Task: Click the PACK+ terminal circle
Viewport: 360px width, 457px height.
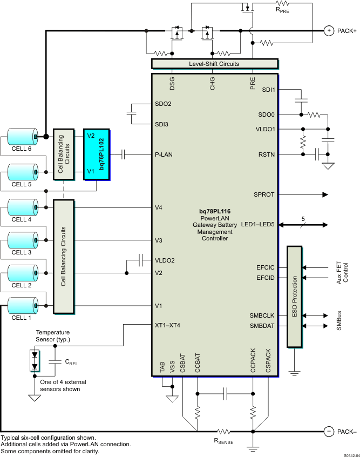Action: click(x=328, y=31)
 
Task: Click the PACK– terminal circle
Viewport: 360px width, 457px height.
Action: click(x=328, y=431)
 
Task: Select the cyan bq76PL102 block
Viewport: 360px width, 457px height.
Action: click(x=97, y=154)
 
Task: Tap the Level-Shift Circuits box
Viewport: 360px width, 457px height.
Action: click(x=214, y=64)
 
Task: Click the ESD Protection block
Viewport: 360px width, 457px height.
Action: click(x=294, y=297)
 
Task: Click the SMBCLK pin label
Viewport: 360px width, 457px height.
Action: click(x=262, y=315)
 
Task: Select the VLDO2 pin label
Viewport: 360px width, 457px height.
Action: click(x=164, y=260)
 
